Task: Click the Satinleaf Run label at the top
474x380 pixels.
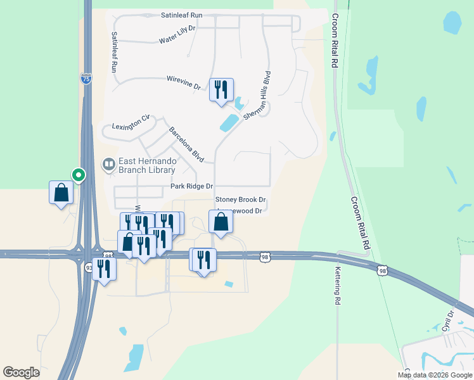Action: coord(181,15)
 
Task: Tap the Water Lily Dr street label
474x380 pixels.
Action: coord(177,40)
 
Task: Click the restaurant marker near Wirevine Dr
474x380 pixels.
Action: coord(221,89)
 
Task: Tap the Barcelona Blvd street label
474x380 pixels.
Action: coord(186,144)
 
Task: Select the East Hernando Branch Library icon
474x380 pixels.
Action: coord(110,165)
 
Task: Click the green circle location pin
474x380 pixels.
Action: coord(79,174)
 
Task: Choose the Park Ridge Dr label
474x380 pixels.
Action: coord(191,187)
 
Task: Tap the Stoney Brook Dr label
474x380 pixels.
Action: coord(240,200)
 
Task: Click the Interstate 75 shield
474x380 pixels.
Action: coord(86,79)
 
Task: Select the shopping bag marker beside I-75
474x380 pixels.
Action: coord(61,193)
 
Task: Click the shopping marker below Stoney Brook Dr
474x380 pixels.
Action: coord(221,221)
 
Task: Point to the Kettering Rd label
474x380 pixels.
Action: coord(337,286)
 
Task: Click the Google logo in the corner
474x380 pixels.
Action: coord(21,372)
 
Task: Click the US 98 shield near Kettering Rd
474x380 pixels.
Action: coord(381,271)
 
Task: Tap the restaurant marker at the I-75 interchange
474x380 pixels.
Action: coord(103,269)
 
